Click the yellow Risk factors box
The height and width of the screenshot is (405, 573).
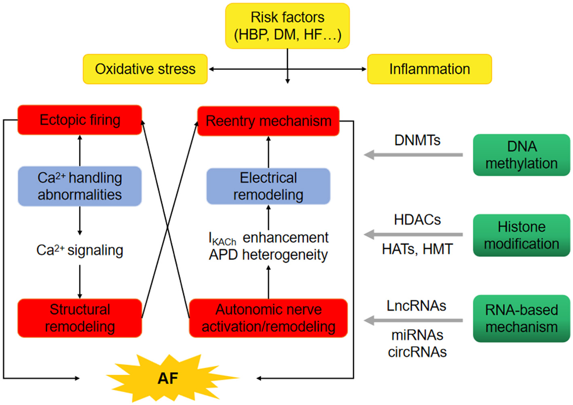(287, 26)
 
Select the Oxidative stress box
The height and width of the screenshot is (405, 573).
(145, 69)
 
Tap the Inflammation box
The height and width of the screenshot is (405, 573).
(429, 69)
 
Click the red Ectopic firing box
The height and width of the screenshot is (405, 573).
(80, 120)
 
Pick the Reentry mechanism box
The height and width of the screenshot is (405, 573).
(268, 121)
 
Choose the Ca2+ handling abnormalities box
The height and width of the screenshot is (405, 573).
(80, 186)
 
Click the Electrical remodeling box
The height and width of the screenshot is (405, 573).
(268, 186)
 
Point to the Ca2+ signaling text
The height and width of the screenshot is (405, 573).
(80, 250)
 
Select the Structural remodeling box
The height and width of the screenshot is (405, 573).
(80, 318)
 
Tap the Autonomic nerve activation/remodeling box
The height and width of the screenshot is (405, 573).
(268, 318)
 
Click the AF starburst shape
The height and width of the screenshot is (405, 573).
(168, 378)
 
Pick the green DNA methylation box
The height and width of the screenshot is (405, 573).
(521, 155)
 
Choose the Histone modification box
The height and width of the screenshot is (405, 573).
(521, 235)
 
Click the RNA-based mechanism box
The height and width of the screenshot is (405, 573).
(521, 319)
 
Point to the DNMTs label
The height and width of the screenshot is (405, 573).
(417, 140)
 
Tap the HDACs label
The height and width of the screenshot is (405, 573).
(417, 220)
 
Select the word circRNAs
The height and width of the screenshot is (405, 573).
(417, 352)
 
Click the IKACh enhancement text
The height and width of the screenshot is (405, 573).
(269, 238)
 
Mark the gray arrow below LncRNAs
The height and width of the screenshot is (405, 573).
(413, 321)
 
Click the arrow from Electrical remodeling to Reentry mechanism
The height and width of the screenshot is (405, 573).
(269, 152)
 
